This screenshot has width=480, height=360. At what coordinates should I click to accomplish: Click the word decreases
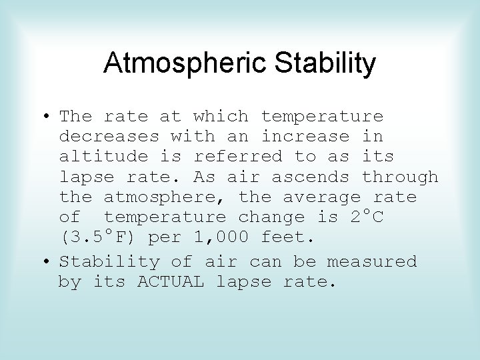point(109,137)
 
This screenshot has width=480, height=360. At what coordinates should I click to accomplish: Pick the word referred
point(238,157)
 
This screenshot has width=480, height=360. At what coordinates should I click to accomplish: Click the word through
point(401,177)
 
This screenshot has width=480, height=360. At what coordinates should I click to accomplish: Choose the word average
point(322,197)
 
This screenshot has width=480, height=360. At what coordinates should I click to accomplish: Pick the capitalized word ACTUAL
point(171,282)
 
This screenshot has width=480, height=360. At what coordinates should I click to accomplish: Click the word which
point(221,117)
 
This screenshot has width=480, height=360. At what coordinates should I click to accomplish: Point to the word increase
point(305,137)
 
